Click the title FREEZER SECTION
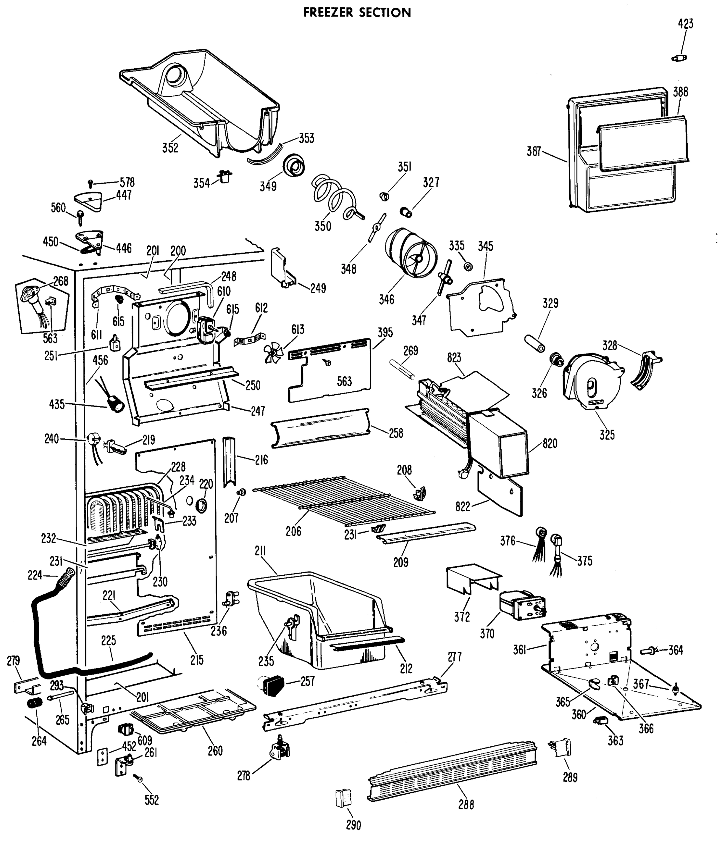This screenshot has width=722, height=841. click(357, 13)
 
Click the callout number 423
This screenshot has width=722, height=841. click(686, 24)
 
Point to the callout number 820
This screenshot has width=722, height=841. click(550, 444)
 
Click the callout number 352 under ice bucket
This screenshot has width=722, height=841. click(170, 148)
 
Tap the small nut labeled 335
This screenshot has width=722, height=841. click(468, 266)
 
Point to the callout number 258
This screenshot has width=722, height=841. click(396, 433)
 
